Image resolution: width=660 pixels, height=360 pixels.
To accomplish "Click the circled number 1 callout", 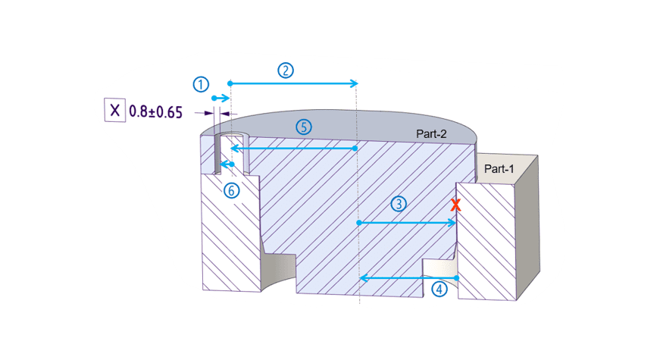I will click(201, 84).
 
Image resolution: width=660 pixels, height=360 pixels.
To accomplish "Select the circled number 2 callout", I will click(285, 70).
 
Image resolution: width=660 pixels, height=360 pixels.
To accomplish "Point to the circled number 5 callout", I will click(303, 127).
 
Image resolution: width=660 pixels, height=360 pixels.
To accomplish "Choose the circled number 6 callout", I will click(233, 189).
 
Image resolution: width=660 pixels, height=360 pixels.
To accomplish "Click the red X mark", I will click(455, 205).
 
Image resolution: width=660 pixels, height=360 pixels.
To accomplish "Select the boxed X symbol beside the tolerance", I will click(114, 111).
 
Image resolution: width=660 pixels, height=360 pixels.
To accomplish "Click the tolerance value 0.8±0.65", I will click(155, 111).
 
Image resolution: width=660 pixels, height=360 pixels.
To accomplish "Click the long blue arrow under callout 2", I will click(292, 83).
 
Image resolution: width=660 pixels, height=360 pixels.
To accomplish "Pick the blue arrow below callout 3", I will click(406, 223).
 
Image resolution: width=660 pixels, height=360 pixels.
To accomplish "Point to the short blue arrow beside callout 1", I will click(220, 99).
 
